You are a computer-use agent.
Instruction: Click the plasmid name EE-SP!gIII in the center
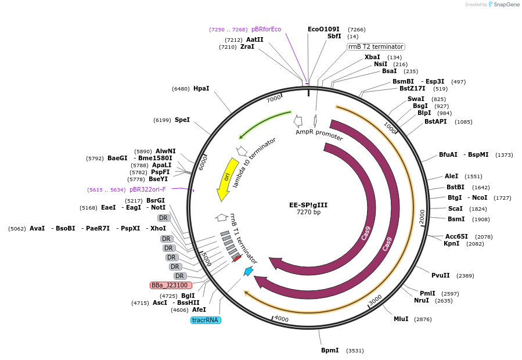[x=308, y=204]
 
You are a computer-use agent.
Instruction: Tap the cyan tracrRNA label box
[x=206, y=320]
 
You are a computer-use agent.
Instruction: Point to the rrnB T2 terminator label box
[x=376, y=46]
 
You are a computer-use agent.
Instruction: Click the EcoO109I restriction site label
[x=323, y=29]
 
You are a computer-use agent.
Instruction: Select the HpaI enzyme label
[x=201, y=88]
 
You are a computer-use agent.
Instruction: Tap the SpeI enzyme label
[x=182, y=120]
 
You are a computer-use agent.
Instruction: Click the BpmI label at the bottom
[x=330, y=350]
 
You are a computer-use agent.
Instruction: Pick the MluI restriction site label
[x=401, y=319]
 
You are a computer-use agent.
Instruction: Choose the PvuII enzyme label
[x=441, y=275]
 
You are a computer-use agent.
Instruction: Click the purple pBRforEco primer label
[x=266, y=29]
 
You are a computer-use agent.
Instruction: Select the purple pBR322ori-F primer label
[x=147, y=189]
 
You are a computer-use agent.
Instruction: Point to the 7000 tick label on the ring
[x=273, y=99]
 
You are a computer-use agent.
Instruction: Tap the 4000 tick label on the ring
[x=281, y=319]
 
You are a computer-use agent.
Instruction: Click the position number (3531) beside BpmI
[x=355, y=351]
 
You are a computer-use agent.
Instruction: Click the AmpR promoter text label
[x=319, y=135]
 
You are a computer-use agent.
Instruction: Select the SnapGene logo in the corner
[x=503, y=5]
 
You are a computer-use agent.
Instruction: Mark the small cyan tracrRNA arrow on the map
[x=249, y=271]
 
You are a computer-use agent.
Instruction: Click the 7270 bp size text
[x=308, y=213]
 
